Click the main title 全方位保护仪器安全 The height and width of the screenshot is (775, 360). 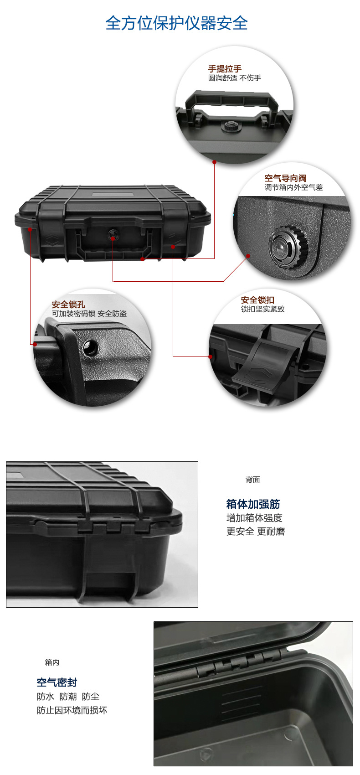tap(176, 23)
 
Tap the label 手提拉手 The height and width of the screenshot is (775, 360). tap(225, 68)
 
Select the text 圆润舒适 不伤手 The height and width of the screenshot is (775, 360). tap(235, 78)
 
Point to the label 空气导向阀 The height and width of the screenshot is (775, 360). tap(285, 178)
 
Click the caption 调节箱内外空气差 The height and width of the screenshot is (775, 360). tap(293, 187)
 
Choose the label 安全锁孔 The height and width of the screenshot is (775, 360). tap(68, 305)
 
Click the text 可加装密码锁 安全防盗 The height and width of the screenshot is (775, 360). tap(89, 314)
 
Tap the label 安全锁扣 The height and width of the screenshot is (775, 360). tap(257, 300)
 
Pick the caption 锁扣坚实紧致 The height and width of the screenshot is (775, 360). tap(263, 309)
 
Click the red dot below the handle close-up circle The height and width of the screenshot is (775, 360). tap(215, 162)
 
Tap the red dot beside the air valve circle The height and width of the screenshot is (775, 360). tap(248, 256)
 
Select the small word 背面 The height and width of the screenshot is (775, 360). tap(252, 480)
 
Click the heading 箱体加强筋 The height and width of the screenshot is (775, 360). tap(253, 504)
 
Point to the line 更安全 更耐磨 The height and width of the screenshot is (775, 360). tap(256, 532)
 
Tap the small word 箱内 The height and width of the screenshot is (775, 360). tap(52, 662)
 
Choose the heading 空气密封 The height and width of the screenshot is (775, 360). tap(57, 682)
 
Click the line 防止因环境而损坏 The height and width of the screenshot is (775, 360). tap(72, 710)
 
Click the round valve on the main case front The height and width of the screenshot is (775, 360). tap(113, 235)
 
